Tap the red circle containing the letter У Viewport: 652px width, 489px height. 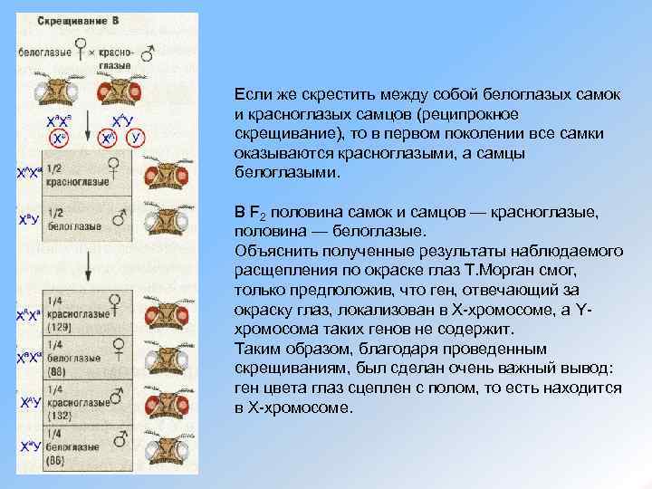136,138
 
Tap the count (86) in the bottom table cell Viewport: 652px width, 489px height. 57,461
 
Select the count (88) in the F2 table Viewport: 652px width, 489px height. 57,371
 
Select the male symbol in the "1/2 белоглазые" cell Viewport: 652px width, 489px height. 117,216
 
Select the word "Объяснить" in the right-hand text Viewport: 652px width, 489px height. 268,251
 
